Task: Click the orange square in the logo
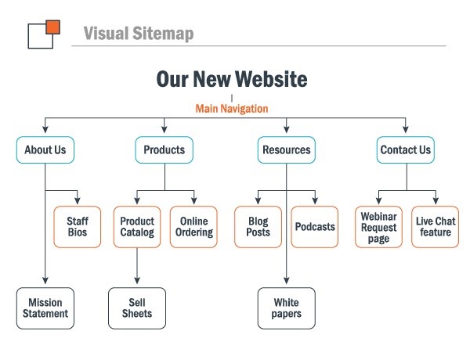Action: pyautogui.click(x=53, y=27)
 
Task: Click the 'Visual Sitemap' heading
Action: pyautogui.click(x=139, y=33)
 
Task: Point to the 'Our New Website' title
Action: pyautogui.click(x=232, y=79)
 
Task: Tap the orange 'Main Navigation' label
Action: pyautogui.click(x=232, y=109)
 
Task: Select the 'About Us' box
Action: pyautogui.click(x=45, y=149)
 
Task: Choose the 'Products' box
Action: pyautogui.click(x=164, y=149)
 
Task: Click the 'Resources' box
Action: pyautogui.click(x=286, y=149)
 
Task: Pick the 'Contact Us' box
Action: pyautogui.click(x=405, y=149)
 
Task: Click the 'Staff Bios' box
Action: pyautogui.click(x=78, y=227)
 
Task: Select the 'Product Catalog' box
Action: pyautogui.click(x=137, y=227)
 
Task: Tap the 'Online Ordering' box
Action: pyautogui.click(x=193, y=227)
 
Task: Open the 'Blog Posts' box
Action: pyautogui.click(x=258, y=227)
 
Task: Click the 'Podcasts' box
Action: pyautogui.click(x=315, y=227)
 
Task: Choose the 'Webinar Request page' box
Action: pyautogui.click(x=378, y=227)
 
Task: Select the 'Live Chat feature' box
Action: pyautogui.click(x=436, y=227)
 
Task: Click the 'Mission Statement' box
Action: pyautogui.click(x=45, y=308)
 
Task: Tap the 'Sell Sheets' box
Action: pyautogui.click(x=137, y=308)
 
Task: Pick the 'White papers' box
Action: pyautogui.click(x=286, y=308)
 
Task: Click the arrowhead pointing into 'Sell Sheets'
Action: pyautogui.click(x=137, y=280)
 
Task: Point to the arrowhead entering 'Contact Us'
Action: pyautogui.click(x=406, y=129)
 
